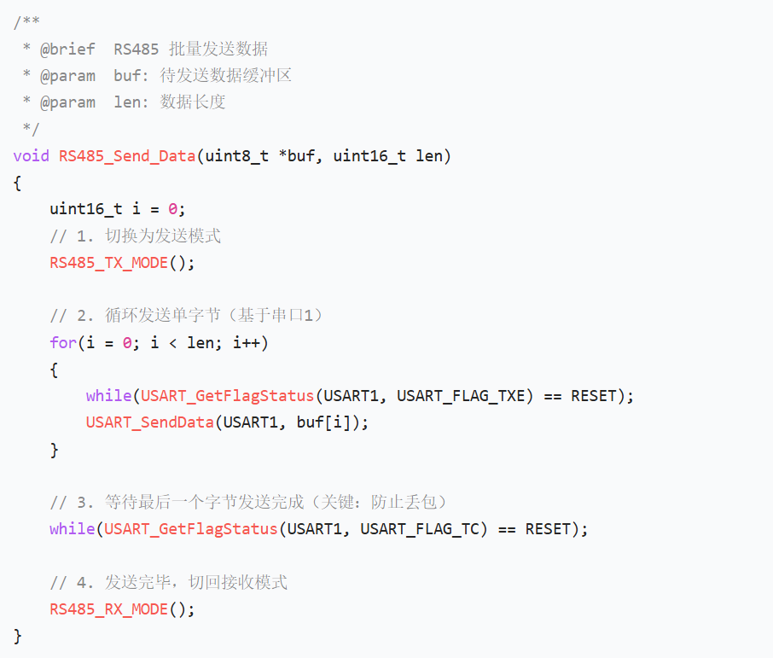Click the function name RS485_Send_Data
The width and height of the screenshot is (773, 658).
127,156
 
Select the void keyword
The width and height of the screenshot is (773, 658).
31,156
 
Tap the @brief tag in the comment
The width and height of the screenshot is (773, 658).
67,49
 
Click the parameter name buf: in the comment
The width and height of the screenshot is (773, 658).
131,75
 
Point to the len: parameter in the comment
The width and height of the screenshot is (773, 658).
131,102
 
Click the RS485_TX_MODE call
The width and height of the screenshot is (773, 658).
109,263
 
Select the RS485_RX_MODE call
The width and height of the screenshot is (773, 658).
109,609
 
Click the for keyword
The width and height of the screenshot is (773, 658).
63,342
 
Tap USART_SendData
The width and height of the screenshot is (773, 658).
150,422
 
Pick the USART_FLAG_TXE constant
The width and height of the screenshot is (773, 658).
462,396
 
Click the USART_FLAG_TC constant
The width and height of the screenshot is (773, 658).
420,529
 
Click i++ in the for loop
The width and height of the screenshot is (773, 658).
247,342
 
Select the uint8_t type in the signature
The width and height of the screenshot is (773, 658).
236,156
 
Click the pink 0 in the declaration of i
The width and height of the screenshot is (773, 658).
172,209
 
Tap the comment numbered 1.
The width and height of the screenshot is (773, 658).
135,236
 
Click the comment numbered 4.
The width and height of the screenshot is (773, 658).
168,583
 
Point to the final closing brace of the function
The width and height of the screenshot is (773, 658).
18,637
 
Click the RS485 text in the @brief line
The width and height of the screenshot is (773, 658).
136,49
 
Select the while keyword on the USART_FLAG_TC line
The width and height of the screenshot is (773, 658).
73,529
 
